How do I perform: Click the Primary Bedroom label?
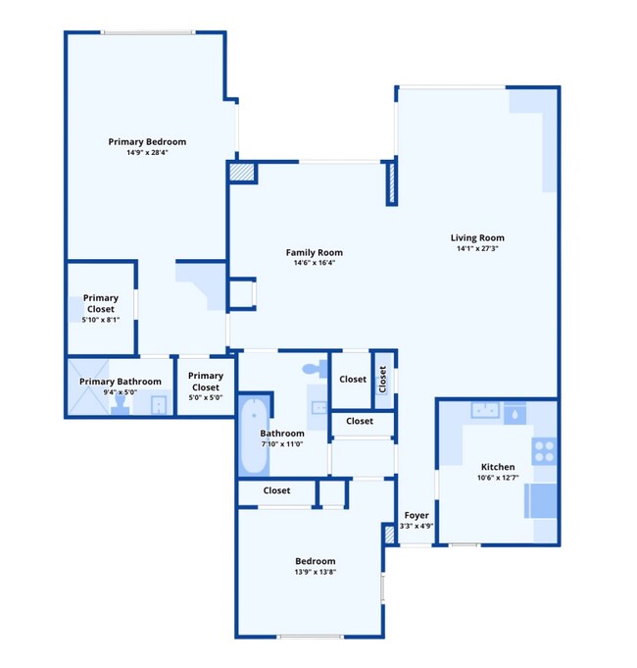point(147,141)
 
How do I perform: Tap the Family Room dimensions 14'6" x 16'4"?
point(314,264)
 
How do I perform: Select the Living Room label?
point(477,237)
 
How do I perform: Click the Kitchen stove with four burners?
point(543,451)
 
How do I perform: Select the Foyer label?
point(416,515)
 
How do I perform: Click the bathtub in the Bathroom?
point(253,434)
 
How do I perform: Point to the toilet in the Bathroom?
point(314,369)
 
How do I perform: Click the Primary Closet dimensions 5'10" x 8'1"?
point(100,320)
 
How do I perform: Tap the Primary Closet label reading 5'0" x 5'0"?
point(206,397)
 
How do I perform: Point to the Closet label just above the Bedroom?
point(276,490)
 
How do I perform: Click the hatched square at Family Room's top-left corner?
point(242,173)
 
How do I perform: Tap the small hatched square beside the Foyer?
point(389,535)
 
